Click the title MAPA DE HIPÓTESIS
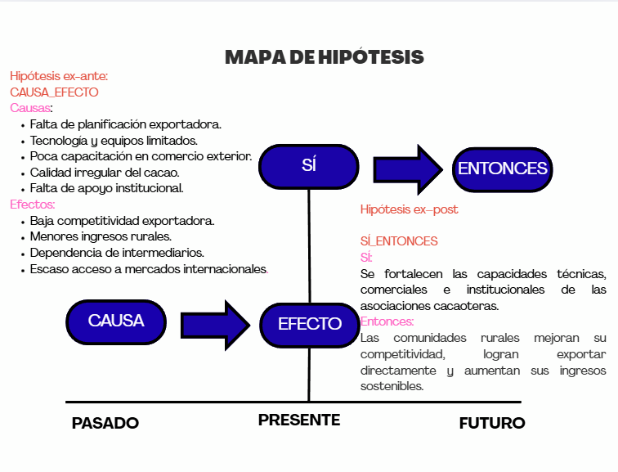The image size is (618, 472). coord(324,57)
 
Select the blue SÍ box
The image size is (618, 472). coord(308,167)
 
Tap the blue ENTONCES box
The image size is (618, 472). coord(502,169)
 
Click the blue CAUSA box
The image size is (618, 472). coord(116,321)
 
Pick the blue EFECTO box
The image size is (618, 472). coord(309,324)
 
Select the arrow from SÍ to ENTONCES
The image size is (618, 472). coord(406,169)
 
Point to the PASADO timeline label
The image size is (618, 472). coord(105,423)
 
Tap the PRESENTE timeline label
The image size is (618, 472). coord(299,420)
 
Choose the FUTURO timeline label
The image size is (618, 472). coord(491,423)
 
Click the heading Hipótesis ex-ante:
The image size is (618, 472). coord(59,76)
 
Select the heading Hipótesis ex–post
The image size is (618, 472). coord(409,210)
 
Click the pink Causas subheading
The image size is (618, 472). coord(31,108)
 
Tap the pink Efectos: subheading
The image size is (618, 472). coord(33,205)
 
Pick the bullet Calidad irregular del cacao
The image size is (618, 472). coord(105,173)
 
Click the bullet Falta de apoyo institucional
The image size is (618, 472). coord(106,188)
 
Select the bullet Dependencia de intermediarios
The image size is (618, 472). coord(117,253)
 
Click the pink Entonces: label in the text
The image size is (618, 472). coord(387,322)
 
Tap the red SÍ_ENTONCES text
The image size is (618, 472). coord(399,241)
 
